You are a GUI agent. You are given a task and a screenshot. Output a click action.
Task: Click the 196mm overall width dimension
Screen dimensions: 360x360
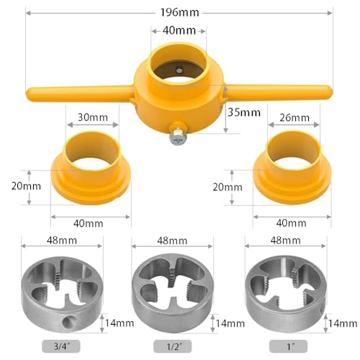pyautogui.click(x=179, y=13)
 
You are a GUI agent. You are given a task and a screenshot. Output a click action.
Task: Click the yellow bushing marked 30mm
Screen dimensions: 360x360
pyautogui.click(x=91, y=170)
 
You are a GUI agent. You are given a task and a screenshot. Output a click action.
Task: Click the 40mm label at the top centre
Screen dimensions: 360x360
pyautogui.click(x=179, y=31)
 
